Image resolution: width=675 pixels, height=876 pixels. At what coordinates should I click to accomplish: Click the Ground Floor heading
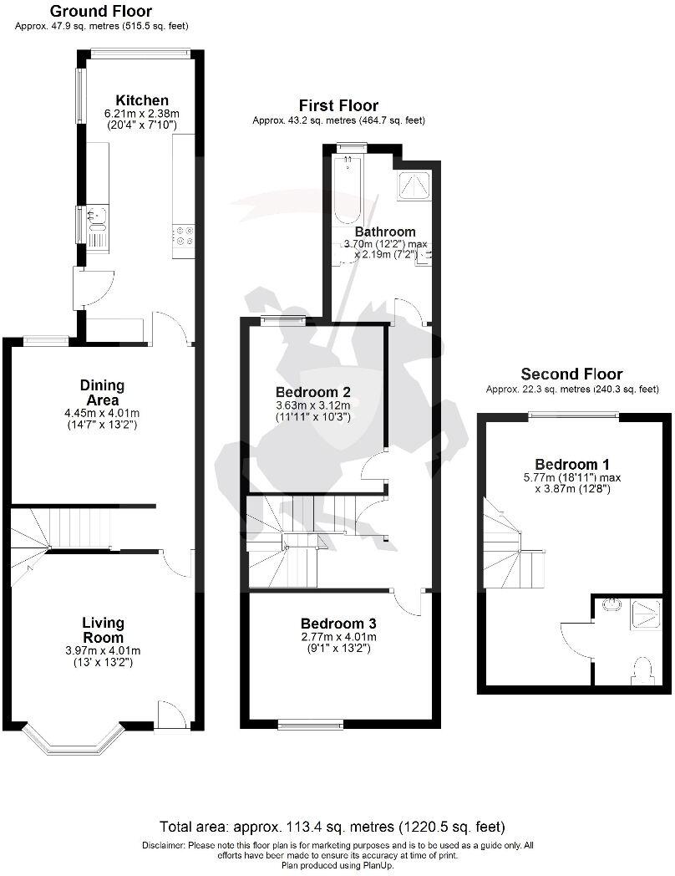100,12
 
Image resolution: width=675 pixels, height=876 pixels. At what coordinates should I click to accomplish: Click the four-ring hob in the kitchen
183,237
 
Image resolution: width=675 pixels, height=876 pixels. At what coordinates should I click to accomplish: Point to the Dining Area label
102,393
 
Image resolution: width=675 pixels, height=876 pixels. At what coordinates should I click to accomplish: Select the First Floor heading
338,105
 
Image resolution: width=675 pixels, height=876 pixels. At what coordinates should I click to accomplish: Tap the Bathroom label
384,232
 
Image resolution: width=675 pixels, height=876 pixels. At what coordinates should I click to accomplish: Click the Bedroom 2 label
312,392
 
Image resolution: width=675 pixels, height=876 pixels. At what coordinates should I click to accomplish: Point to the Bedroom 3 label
337,624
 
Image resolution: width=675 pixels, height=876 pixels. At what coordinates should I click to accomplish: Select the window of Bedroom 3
310,722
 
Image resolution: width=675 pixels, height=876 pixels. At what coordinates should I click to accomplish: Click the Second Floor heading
571,374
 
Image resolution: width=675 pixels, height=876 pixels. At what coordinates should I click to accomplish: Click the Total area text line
332,828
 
